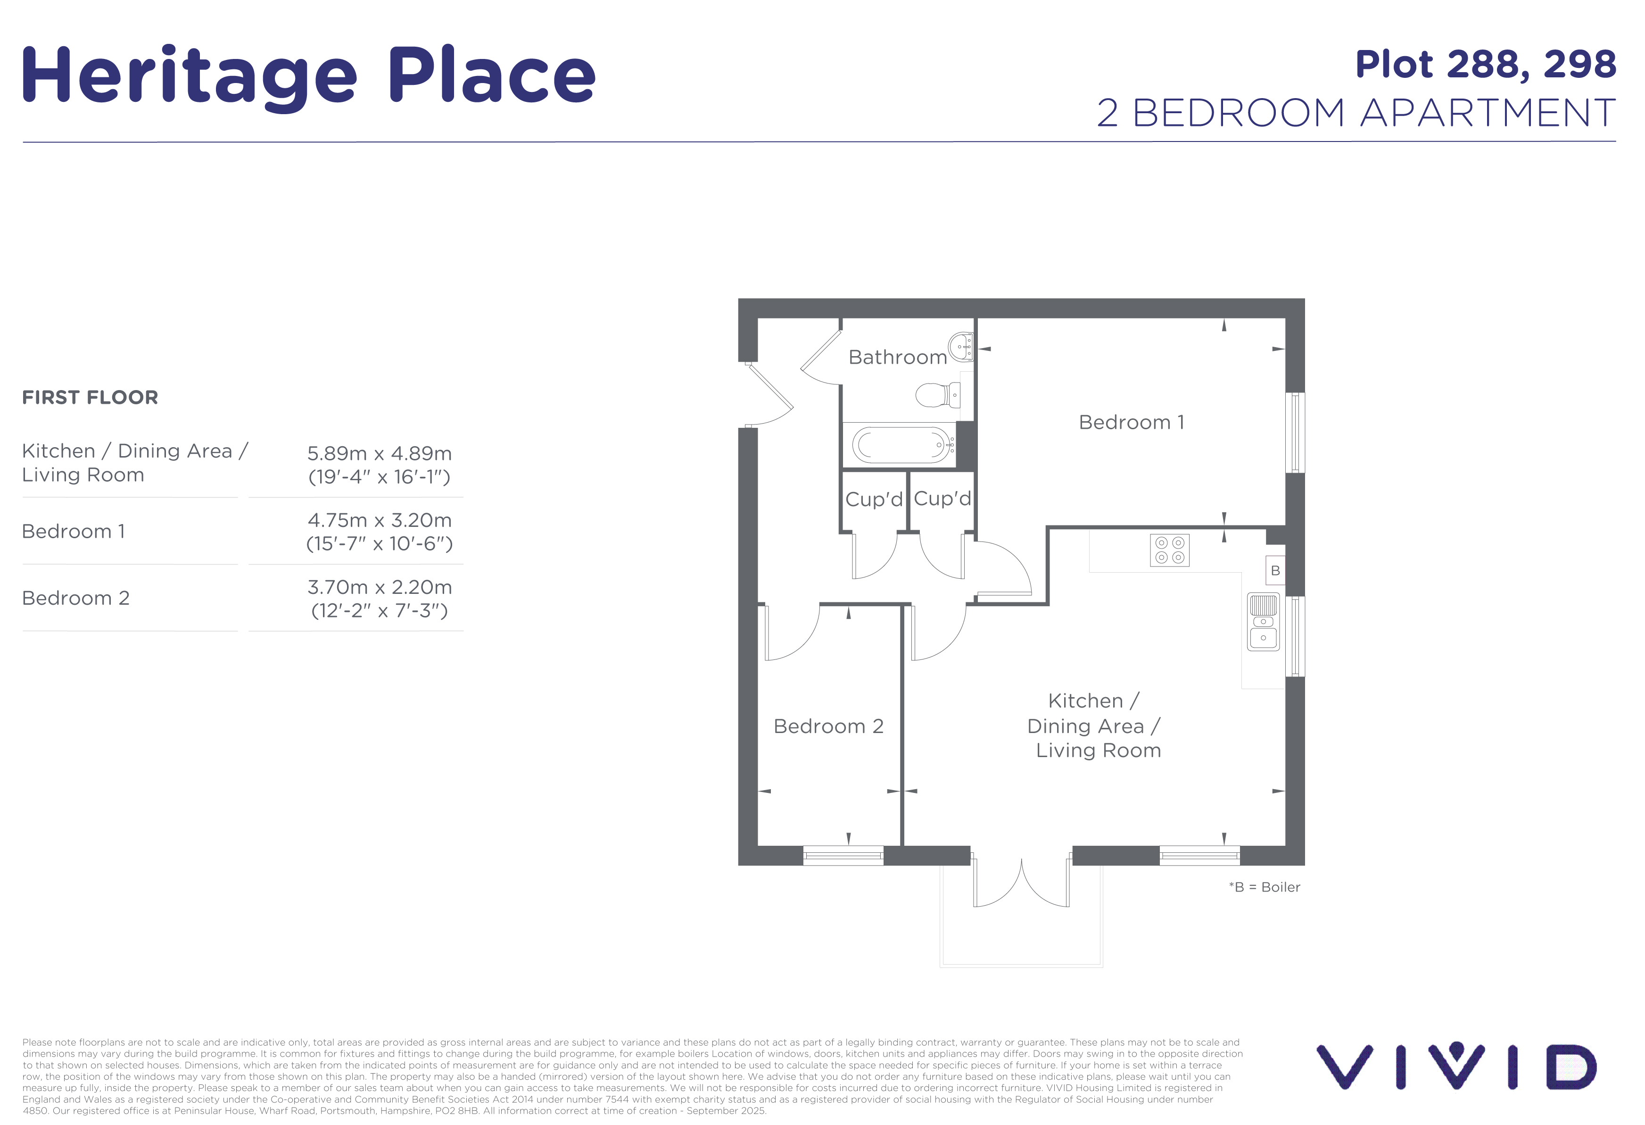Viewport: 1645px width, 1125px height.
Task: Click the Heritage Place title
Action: [x=309, y=76]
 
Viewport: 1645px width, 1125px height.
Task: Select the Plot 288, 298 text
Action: [x=1485, y=65]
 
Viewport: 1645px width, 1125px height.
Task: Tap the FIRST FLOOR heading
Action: [x=90, y=397]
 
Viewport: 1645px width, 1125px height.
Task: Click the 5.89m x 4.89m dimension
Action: [x=380, y=453]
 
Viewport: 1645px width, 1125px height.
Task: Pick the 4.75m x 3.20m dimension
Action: [x=380, y=520]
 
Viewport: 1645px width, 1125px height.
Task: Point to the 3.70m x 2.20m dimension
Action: [x=380, y=587]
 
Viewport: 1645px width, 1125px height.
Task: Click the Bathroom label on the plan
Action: [x=898, y=357]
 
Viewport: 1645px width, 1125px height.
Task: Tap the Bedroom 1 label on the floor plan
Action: [x=1131, y=422]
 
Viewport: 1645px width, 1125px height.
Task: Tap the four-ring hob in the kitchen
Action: [x=1169, y=550]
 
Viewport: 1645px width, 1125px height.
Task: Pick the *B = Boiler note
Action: [x=1264, y=887]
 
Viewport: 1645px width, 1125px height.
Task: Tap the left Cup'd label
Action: [x=874, y=499]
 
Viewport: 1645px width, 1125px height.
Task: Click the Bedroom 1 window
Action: [x=1295, y=433]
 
